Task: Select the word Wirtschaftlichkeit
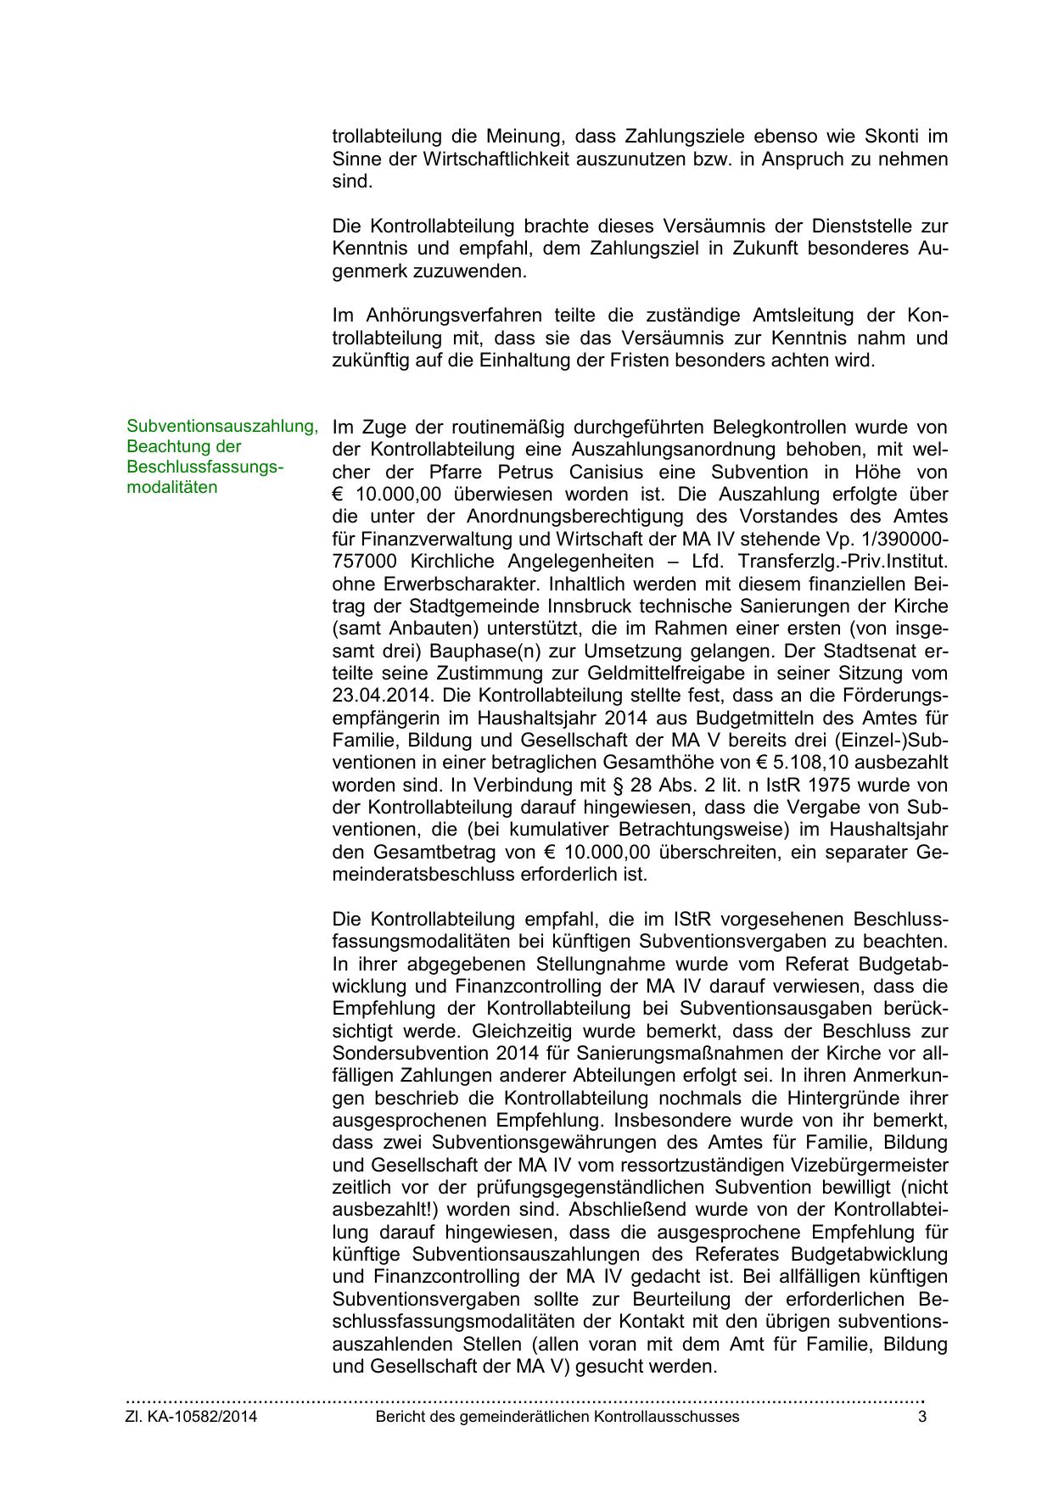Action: click(x=495, y=159)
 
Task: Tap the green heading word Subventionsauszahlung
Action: click(x=222, y=427)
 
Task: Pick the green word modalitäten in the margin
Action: click(x=171, y=488)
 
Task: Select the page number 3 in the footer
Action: click(x=921, y=1418)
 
